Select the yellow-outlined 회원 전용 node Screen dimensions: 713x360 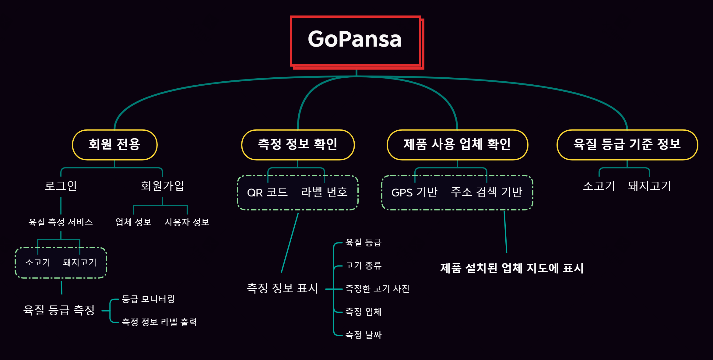114,145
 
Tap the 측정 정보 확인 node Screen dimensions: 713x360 298,145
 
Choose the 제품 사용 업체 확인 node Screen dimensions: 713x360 457,145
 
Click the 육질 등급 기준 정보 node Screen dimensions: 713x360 627,145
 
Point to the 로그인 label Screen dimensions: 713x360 61,186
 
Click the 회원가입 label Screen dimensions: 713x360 162,186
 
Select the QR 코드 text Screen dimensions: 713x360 267,192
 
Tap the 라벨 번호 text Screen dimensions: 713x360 324,192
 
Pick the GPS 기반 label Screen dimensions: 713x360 414,192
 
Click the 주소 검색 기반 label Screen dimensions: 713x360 486,192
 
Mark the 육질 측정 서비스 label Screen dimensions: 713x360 61,222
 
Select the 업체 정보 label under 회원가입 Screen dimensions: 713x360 133,222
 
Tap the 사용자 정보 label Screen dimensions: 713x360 187,222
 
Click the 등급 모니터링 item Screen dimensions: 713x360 148,299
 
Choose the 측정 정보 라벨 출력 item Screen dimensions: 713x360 159,322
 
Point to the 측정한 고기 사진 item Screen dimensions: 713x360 377,289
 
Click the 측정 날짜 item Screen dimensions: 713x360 363,335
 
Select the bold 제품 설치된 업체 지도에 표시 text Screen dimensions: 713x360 512,268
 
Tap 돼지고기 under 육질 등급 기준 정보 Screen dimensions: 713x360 649,186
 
